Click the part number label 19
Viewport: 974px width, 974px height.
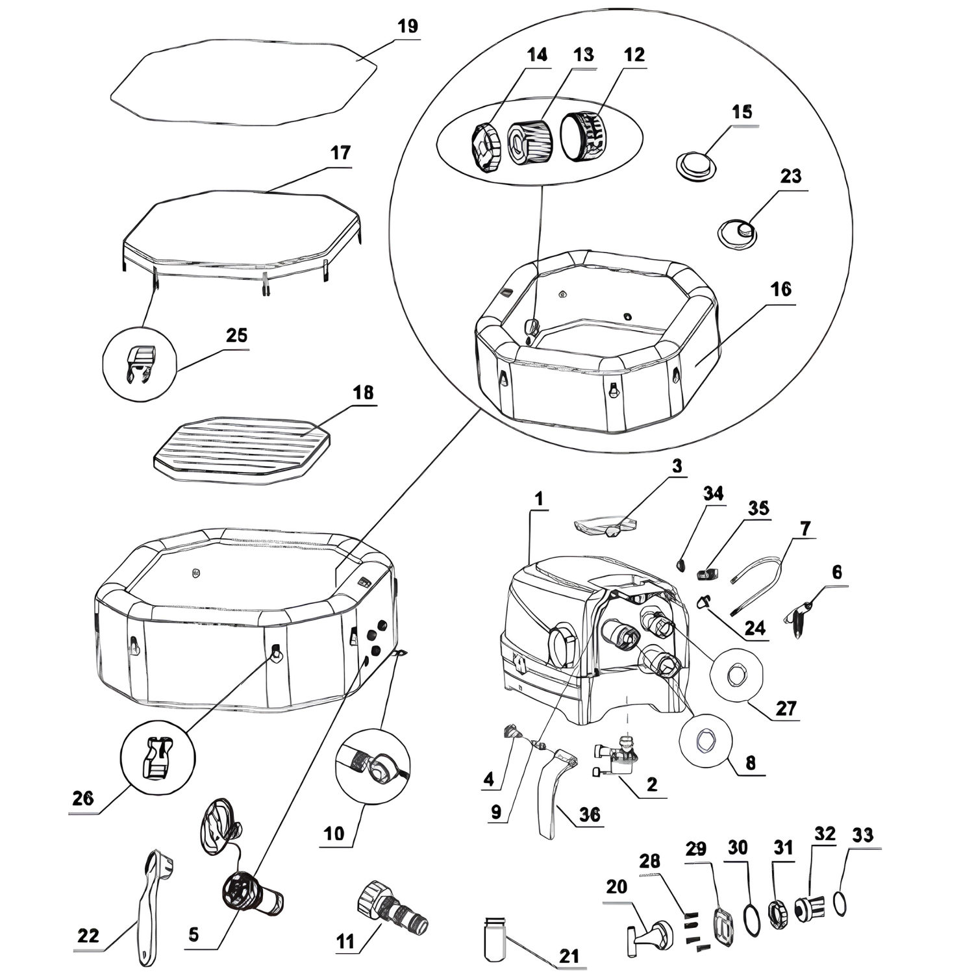click(408, 27)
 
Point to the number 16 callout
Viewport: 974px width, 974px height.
click(780, 289)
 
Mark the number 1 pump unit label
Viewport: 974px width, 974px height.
click(540, 499)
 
